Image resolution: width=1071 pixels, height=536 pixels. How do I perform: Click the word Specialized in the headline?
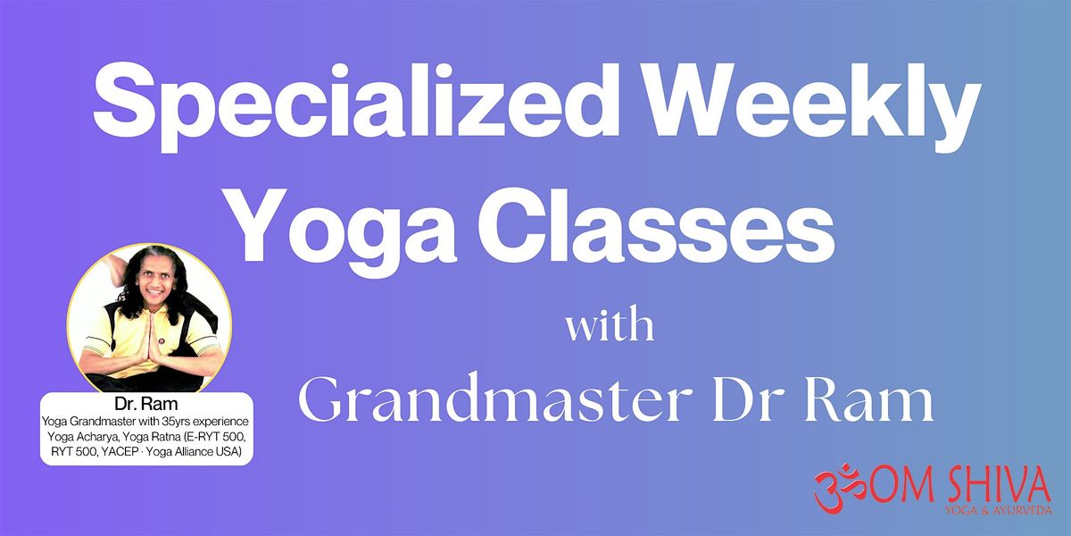coord(356,105)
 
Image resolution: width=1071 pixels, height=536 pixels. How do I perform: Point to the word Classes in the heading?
coord(656,223)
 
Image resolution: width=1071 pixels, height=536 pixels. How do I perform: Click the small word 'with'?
coord(610,325)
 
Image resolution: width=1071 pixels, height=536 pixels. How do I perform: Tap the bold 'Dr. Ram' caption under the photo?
coord(145,404)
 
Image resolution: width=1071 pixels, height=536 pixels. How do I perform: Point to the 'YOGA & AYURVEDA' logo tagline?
coord(998,510)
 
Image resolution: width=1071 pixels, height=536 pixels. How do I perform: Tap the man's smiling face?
coord(154,281)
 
